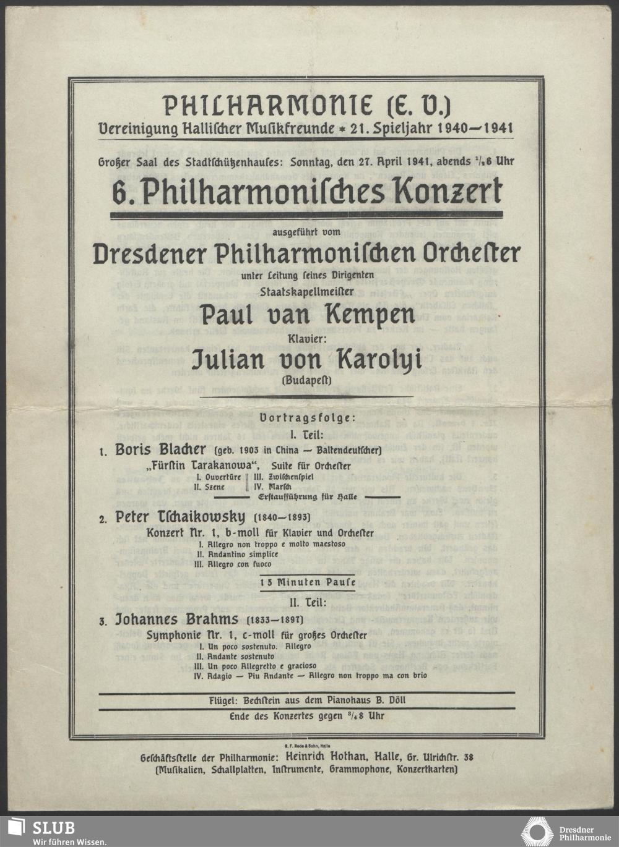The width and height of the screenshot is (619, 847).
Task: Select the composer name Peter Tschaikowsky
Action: coord(180,517)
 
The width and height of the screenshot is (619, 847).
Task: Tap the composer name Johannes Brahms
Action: coord(177,619)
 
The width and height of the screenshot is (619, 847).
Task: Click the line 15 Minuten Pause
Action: coord(308,582)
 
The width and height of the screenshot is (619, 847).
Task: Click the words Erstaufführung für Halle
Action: coord(308,496)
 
